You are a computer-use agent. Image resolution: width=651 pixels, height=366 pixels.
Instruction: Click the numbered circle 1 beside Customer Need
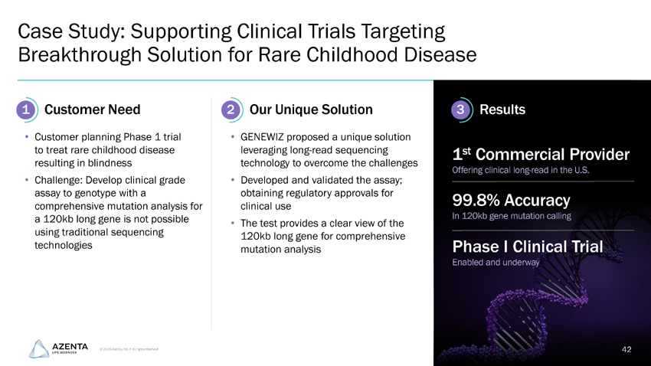tap(26, 110)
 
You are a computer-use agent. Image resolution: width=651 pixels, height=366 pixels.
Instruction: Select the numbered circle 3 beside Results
tap(460, 110)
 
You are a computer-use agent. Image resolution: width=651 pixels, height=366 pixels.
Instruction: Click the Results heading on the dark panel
tap(502, 110)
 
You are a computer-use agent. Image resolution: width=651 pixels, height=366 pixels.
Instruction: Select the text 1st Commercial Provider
tap(541, 155)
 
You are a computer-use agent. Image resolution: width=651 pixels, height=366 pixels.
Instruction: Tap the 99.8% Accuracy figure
tap(511, 201)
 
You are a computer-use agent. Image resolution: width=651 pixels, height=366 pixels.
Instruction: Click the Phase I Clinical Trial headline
tap(528, 247)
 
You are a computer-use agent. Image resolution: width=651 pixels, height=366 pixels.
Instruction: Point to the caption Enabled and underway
tap(496, 263)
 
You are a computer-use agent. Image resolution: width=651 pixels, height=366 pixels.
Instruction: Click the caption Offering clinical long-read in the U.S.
tap(521, 170)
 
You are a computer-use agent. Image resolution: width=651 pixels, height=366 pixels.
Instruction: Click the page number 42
tap(626, 349)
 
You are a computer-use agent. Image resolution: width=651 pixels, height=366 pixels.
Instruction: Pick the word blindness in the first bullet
tap(107, 163)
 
